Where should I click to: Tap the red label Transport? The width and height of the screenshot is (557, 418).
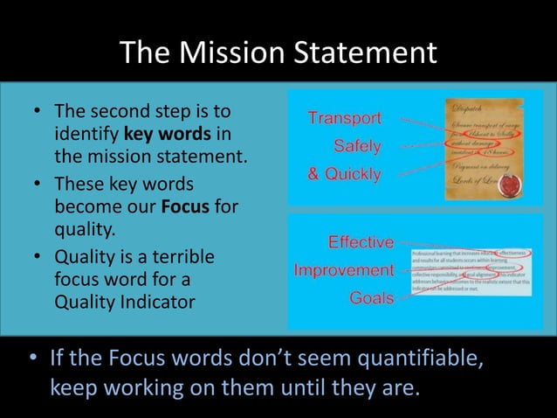coord(344,118)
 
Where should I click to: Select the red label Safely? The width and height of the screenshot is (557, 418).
coord(357,145)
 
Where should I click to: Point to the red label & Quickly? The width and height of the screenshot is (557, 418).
coord(344,174)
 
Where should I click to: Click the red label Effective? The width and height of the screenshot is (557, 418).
coord(361,241)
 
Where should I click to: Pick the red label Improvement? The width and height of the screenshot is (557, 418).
coord(344,269)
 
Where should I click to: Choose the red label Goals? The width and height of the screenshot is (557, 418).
coord(371,298)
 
